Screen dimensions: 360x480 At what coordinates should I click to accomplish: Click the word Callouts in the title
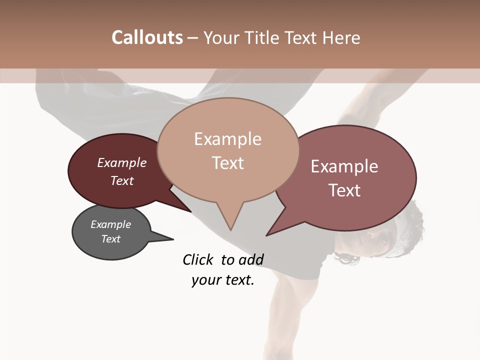pyautogui.click(x=147, y=37)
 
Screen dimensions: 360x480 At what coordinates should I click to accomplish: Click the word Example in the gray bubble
pyautogui.click(x=110, y=224)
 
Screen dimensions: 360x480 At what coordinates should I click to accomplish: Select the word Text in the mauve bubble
pyautogui.click(x=344, y=190)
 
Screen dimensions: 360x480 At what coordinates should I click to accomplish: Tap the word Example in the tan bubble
pyautogui.click(x=227, y=139)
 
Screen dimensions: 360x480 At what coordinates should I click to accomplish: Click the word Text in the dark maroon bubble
pyautogui.click(x=122, y=180)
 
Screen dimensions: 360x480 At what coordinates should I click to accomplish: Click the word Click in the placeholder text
pyautogui.click(x=198, y=259)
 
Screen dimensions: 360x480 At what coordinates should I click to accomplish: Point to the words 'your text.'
pyautogui.click(x=223, y=280)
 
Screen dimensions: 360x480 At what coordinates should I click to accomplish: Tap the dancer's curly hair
pyautogui.click(x=410, y=220)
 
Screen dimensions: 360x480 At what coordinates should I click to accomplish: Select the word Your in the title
pyautogui.click(x=220, y=37)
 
